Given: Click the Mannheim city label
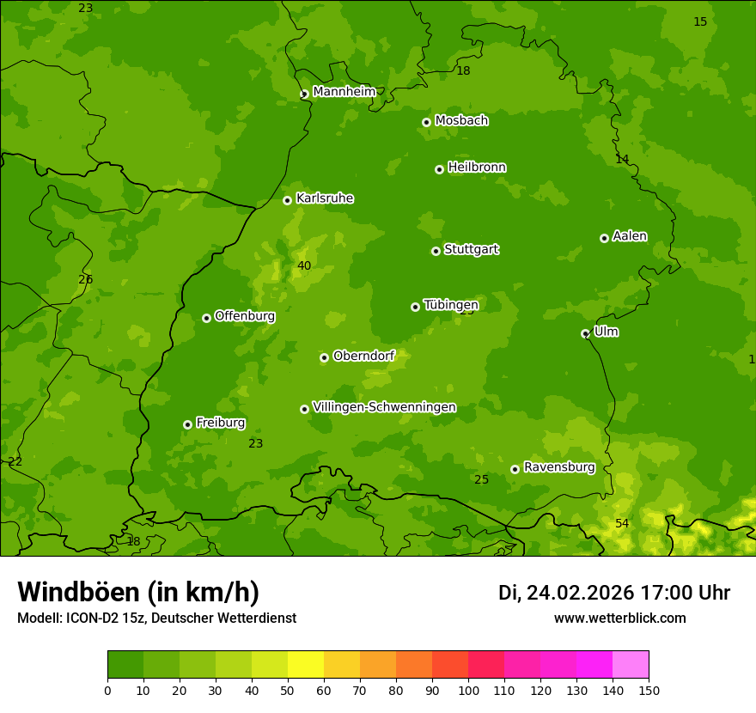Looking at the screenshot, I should click(344, 92).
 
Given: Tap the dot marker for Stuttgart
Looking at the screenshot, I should click(436, 251).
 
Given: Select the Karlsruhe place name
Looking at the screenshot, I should click(324, 198).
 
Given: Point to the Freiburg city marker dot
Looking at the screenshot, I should click(187, 424).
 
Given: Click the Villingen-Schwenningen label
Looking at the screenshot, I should click(384, 407).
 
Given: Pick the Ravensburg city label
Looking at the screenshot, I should click(558, 467).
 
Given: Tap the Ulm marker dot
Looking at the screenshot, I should click(585, 333).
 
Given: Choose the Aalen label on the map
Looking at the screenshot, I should click(630, 236).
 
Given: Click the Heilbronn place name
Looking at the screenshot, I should click(477, 168).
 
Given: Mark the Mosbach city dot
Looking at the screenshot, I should click(426, 122).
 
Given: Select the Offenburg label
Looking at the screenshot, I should click(245, 316).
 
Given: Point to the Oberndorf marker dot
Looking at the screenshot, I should click(324, 357).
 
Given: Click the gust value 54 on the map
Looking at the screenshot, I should click(622, 523).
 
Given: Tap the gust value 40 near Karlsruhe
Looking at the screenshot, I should click(304, 265).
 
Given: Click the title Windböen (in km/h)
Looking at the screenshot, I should click(138, 592).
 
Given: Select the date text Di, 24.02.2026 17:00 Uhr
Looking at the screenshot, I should click(613, 593).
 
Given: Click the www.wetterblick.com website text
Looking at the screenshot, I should click(619, 618).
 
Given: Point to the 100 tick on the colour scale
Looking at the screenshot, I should click(468, 690).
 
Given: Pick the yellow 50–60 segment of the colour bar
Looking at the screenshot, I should click(306, 664).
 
